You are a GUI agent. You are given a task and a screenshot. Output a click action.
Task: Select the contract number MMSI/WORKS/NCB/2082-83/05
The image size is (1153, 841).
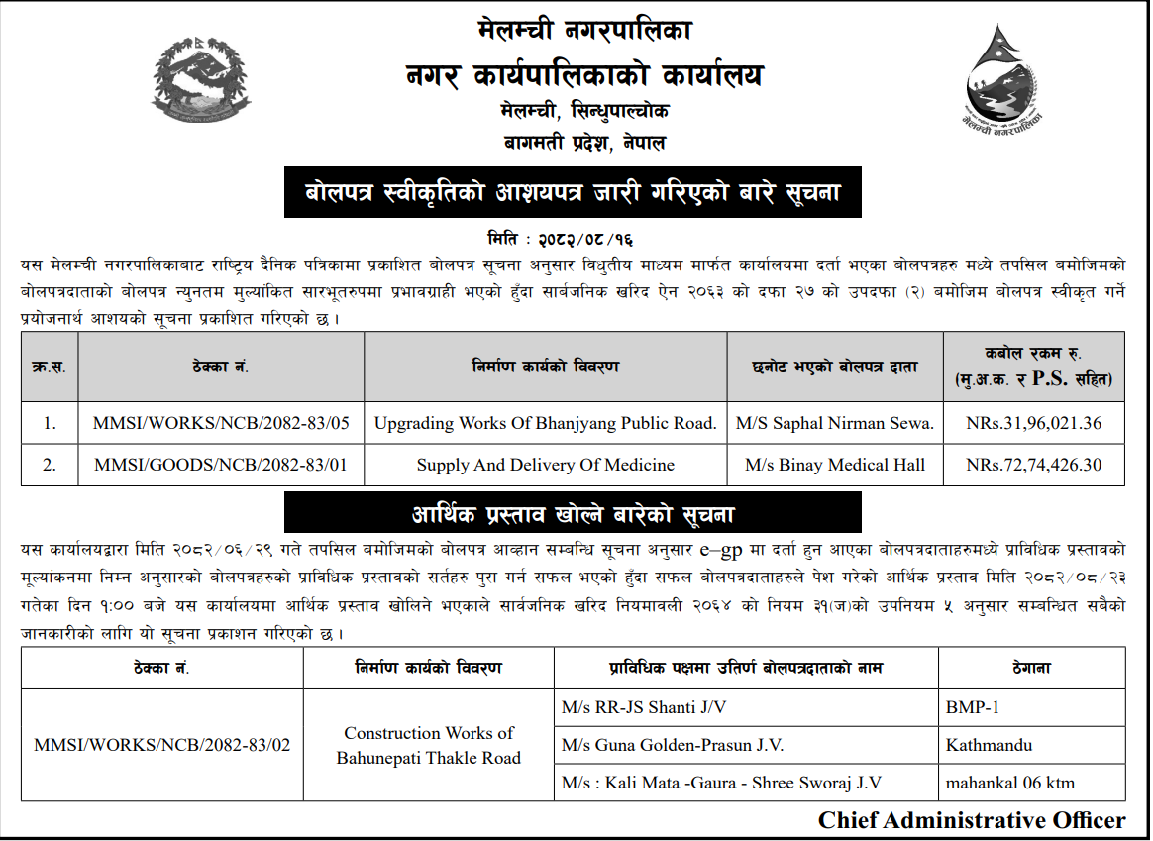pyautogui.click(x=221, y=423)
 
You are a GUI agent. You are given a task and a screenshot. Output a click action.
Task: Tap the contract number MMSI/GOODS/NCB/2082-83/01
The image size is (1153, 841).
pyautogui.click(x=221, y=464)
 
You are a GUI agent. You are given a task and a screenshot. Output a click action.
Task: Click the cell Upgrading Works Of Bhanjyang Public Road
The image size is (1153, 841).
pyautogui.click(x=545, y=423)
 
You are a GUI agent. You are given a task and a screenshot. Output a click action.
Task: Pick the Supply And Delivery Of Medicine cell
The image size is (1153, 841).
pyautogui.click(x=545, y=464)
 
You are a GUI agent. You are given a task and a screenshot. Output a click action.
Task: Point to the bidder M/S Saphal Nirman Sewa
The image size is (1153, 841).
pyautogui.click(x=834, y=423)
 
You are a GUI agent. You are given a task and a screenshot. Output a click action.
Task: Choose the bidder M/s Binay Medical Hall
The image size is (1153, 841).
pyautogui.click(x=834, y=464)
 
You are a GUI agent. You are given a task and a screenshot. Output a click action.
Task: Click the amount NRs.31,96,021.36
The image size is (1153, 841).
pyautogui.click(x=1034, y=423)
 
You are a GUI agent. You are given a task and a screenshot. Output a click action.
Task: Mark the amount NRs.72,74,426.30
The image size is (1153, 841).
pyautogui.click(x=1034, y=464)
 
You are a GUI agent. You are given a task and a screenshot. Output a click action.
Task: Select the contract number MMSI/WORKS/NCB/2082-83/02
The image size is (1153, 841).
pyautogui.click(x=161, y=745)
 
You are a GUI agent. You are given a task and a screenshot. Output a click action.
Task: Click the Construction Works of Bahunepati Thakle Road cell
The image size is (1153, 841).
pyautogui.click(x=428, y=745)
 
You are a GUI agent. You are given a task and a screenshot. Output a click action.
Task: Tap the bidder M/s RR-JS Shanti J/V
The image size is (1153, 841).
pyautogui.click(x=650, y=707)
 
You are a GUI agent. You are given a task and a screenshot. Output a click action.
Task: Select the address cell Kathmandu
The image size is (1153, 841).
pyautogui.click(x=989, y=745)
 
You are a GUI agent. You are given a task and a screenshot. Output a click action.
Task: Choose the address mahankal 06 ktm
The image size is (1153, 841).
pyautogui.click(x=1009, y=783)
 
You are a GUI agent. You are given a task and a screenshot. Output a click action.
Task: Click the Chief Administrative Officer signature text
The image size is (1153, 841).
pyautogui.click(x=971, y=820)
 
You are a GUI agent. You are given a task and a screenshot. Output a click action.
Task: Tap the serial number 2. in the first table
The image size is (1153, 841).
pyautogui.click(x=50, y=464)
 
